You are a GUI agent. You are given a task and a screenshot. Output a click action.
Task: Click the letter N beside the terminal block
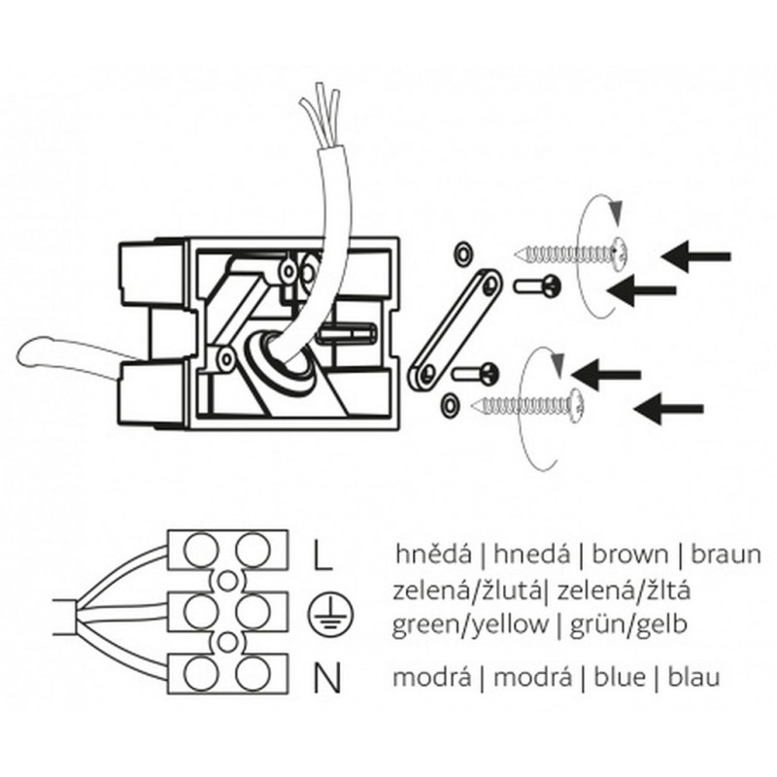pos(327,677)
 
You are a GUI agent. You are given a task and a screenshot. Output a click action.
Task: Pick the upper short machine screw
pos(537,285)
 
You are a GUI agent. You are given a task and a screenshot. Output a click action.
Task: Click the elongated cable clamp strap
pos(453,329)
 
